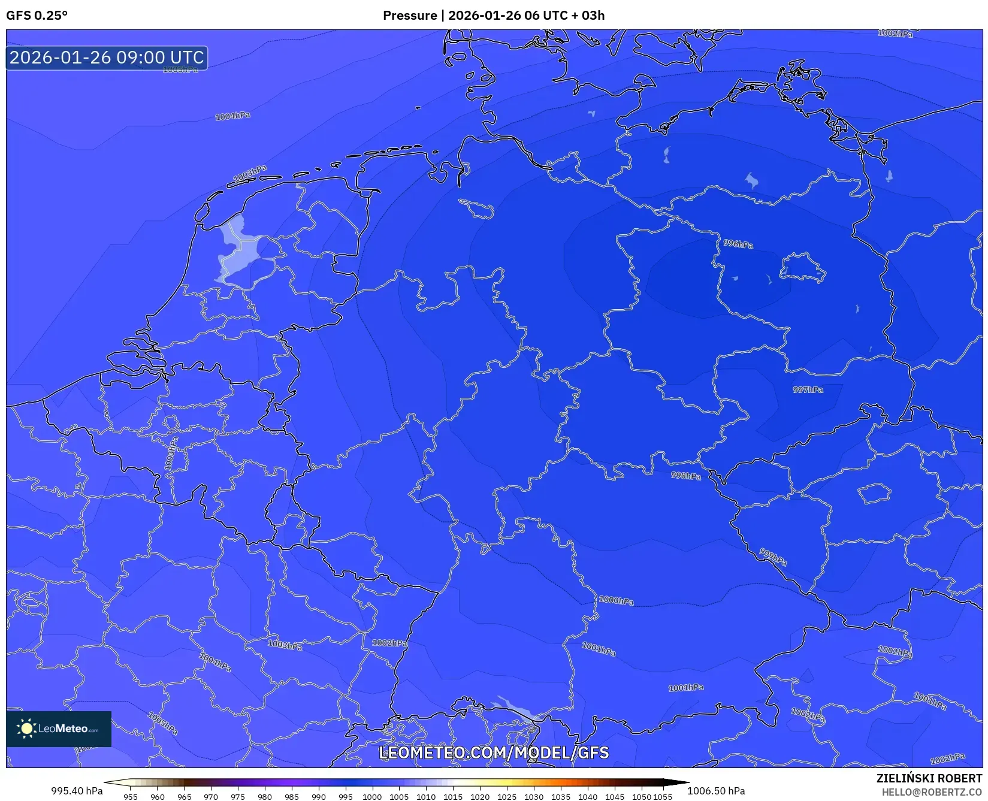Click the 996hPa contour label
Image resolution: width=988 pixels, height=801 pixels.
[x=738, y=244]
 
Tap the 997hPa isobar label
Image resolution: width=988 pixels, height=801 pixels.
[x=808, y=390]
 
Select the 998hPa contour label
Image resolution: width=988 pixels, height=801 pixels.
[x=685, y=476]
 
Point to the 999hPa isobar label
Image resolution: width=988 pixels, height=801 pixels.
[x=773, y=557]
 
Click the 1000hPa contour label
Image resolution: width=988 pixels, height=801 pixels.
[x=616, y=600]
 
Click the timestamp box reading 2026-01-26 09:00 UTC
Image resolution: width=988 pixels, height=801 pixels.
[x=107, y=58]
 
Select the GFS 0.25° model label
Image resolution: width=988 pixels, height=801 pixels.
[x=37, y=16]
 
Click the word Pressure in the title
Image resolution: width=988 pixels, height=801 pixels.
[x=410, y=16]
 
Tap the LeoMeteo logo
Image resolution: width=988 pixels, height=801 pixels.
[x=59, y=729]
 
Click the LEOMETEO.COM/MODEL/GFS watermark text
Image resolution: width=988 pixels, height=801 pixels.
[x=494, y=752]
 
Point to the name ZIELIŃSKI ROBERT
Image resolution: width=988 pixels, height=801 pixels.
[x=929, y=778]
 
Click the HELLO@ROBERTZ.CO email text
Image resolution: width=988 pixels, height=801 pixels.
[x=932, y=792]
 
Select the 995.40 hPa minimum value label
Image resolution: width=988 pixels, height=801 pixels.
[x=77, y=791]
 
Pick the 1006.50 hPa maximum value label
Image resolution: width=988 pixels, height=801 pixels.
[x=716, y=791]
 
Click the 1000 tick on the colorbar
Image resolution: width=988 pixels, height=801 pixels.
[x=371, y=797]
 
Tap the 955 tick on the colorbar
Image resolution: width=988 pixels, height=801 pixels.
[x=130, y=797]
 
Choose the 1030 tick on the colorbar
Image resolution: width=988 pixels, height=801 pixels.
[x=533, y=797]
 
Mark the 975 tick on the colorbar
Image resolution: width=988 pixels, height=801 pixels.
[x=238, y=797]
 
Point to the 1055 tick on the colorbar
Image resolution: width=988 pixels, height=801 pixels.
[x=663, y=797]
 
